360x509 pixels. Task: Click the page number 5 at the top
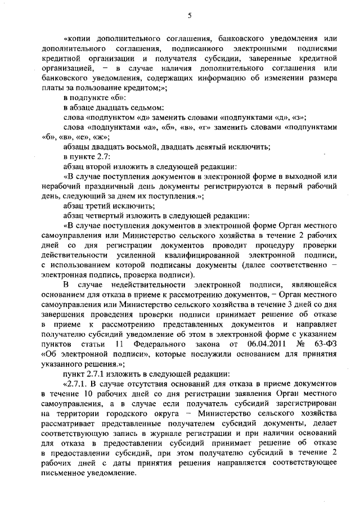(190, 16)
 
